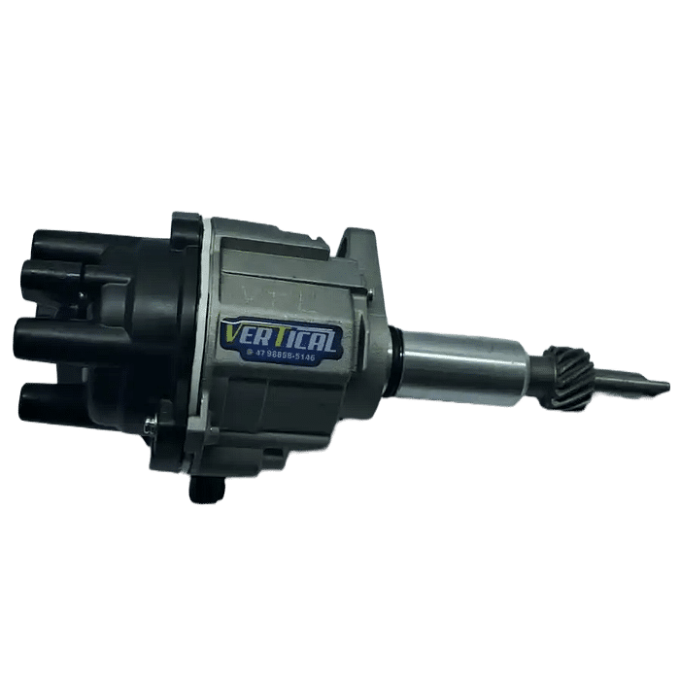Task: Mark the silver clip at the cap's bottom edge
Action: tap(148, 424)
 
